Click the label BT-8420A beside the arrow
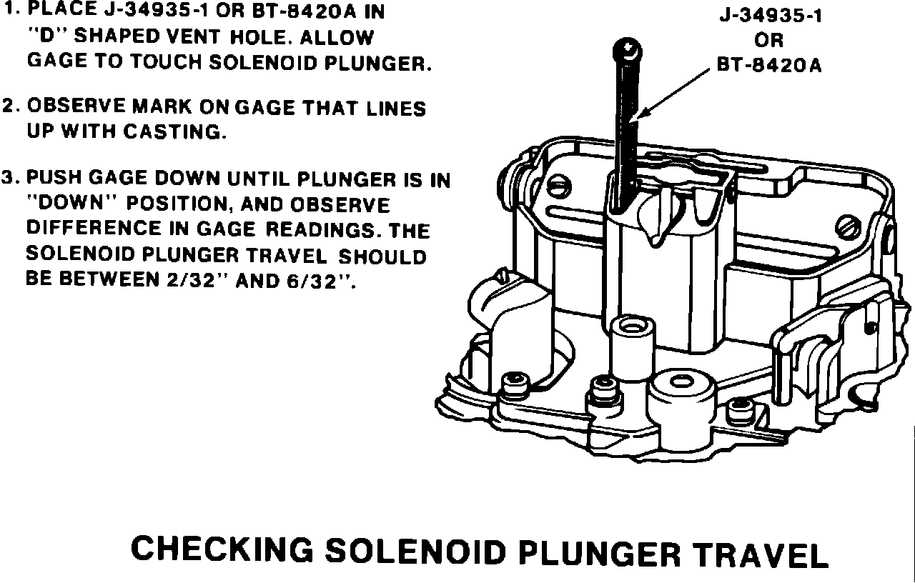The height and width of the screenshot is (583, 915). click(769, 66)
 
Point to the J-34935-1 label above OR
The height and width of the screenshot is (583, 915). click(771, 16)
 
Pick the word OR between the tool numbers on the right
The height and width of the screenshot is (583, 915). click(769, 41)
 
